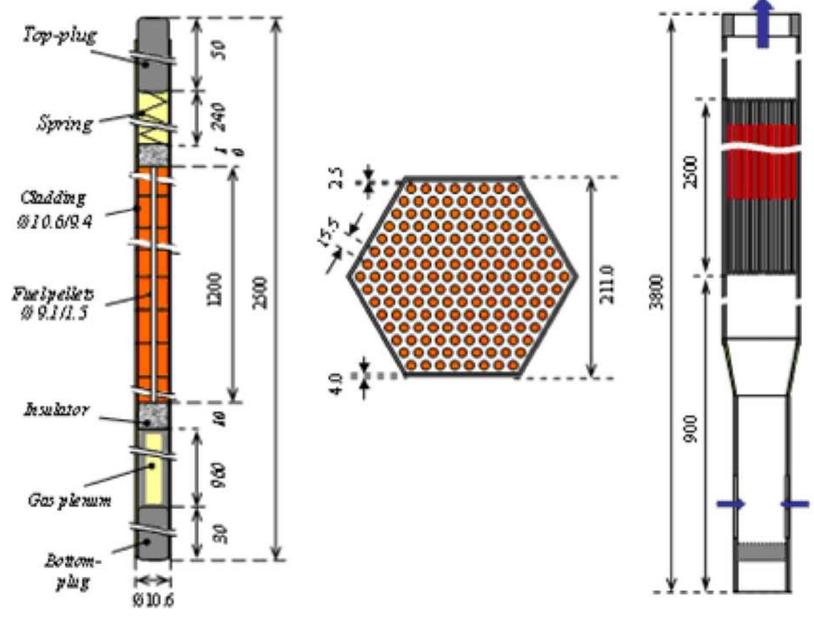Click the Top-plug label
59,35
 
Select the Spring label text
65,124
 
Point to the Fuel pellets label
53,295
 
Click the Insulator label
56,409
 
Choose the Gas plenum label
69,501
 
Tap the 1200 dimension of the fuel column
216,289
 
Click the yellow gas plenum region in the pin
153,469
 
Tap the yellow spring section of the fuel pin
153,118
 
